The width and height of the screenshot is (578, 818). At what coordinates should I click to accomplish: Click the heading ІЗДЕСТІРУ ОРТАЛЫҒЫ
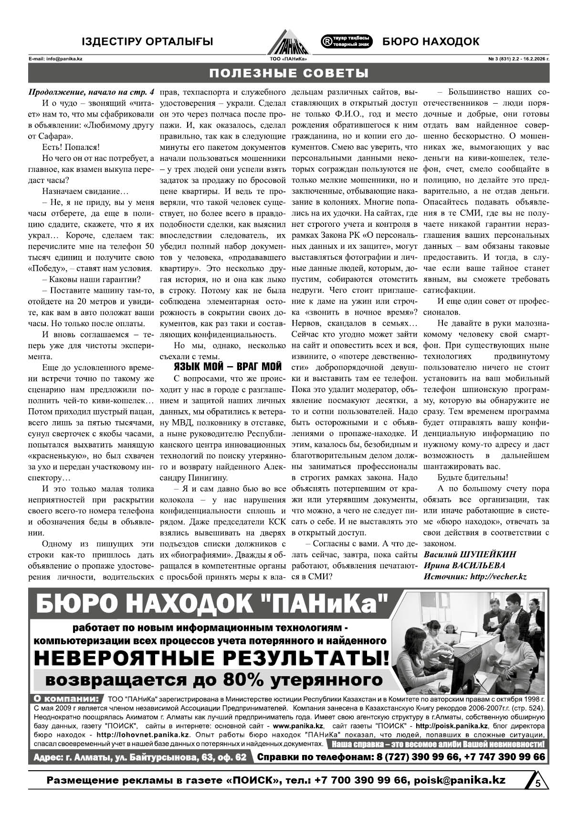point(147,42)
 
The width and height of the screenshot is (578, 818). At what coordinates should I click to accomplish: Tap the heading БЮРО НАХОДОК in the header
point(431,42)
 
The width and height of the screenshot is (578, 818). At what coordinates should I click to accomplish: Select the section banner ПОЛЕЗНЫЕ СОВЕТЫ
point(289,73)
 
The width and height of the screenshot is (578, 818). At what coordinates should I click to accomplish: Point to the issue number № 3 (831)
point(498,59)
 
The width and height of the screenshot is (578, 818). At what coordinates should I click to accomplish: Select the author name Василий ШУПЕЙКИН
point(470,554)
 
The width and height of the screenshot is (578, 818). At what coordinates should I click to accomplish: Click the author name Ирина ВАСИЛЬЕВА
point(464,565)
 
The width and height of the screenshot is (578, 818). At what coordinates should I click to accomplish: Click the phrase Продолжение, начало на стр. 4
point(91,92)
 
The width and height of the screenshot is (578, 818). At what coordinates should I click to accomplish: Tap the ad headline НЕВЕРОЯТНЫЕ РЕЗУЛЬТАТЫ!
point(211,658)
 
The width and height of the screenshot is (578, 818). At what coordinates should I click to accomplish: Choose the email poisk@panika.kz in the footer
point(460,780)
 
